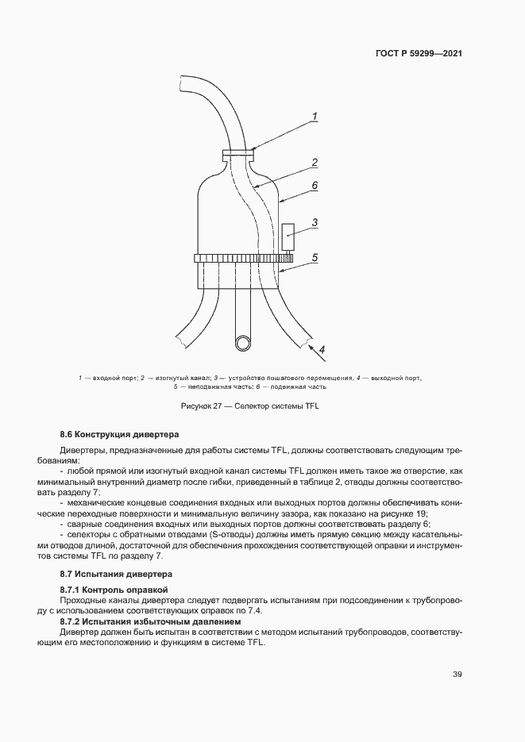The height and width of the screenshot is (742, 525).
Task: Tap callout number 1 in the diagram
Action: (x=315, y=117)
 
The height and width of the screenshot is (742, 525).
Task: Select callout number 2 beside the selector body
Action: (x=315, y=163)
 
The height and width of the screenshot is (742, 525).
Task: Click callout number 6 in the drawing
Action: (x=315, y=185)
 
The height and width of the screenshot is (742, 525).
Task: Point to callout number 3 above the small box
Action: (x=315, y=223)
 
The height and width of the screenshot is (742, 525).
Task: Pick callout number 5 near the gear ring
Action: (x=315, y=258)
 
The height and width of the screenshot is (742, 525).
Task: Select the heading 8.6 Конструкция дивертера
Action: (x=120, y=435)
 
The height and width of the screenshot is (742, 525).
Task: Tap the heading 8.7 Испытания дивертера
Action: (x=116, y=573)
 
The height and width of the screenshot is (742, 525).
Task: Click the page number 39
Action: (x=457, y=675)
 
